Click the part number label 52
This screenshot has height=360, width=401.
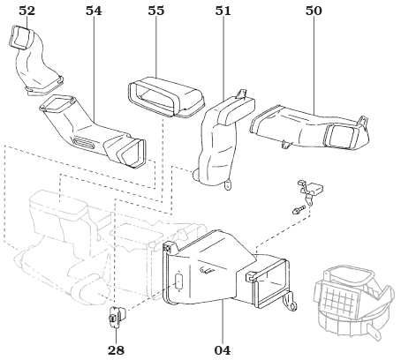click(27, 11)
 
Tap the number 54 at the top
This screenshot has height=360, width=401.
click(95, 11)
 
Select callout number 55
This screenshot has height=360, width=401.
click(155, 11)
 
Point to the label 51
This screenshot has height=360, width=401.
click(223, 11)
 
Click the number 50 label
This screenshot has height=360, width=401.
click(314, 11)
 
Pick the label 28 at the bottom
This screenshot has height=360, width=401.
click(116, 349)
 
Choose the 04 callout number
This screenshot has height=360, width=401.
click(222, 349)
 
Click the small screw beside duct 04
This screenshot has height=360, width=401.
click(300, 210)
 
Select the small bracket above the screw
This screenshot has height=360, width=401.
click(311, 187)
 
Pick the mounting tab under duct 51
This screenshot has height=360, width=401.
click(228, 184)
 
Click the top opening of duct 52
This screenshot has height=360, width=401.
click(23, 37)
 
